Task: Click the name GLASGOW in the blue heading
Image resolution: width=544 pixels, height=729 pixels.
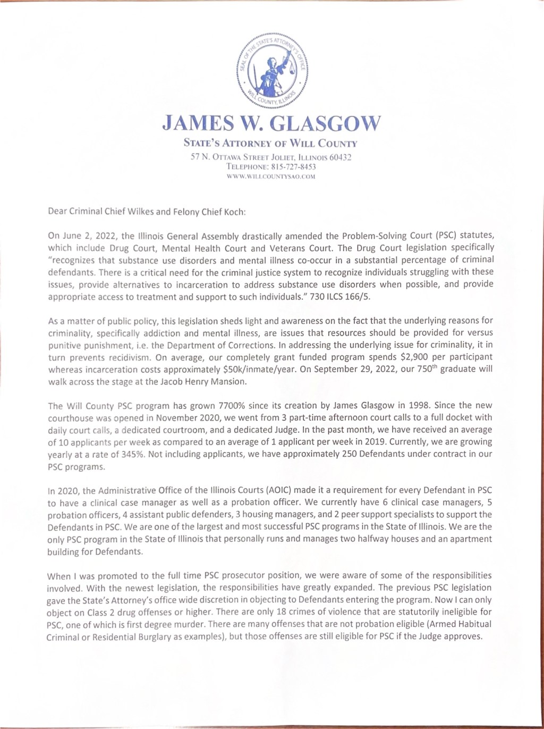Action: point(326,123)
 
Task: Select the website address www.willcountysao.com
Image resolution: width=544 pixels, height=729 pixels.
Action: point(271,176)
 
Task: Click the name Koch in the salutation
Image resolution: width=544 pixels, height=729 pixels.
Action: point(233,211)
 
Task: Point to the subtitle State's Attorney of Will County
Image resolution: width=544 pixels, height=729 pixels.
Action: point(270,143)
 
